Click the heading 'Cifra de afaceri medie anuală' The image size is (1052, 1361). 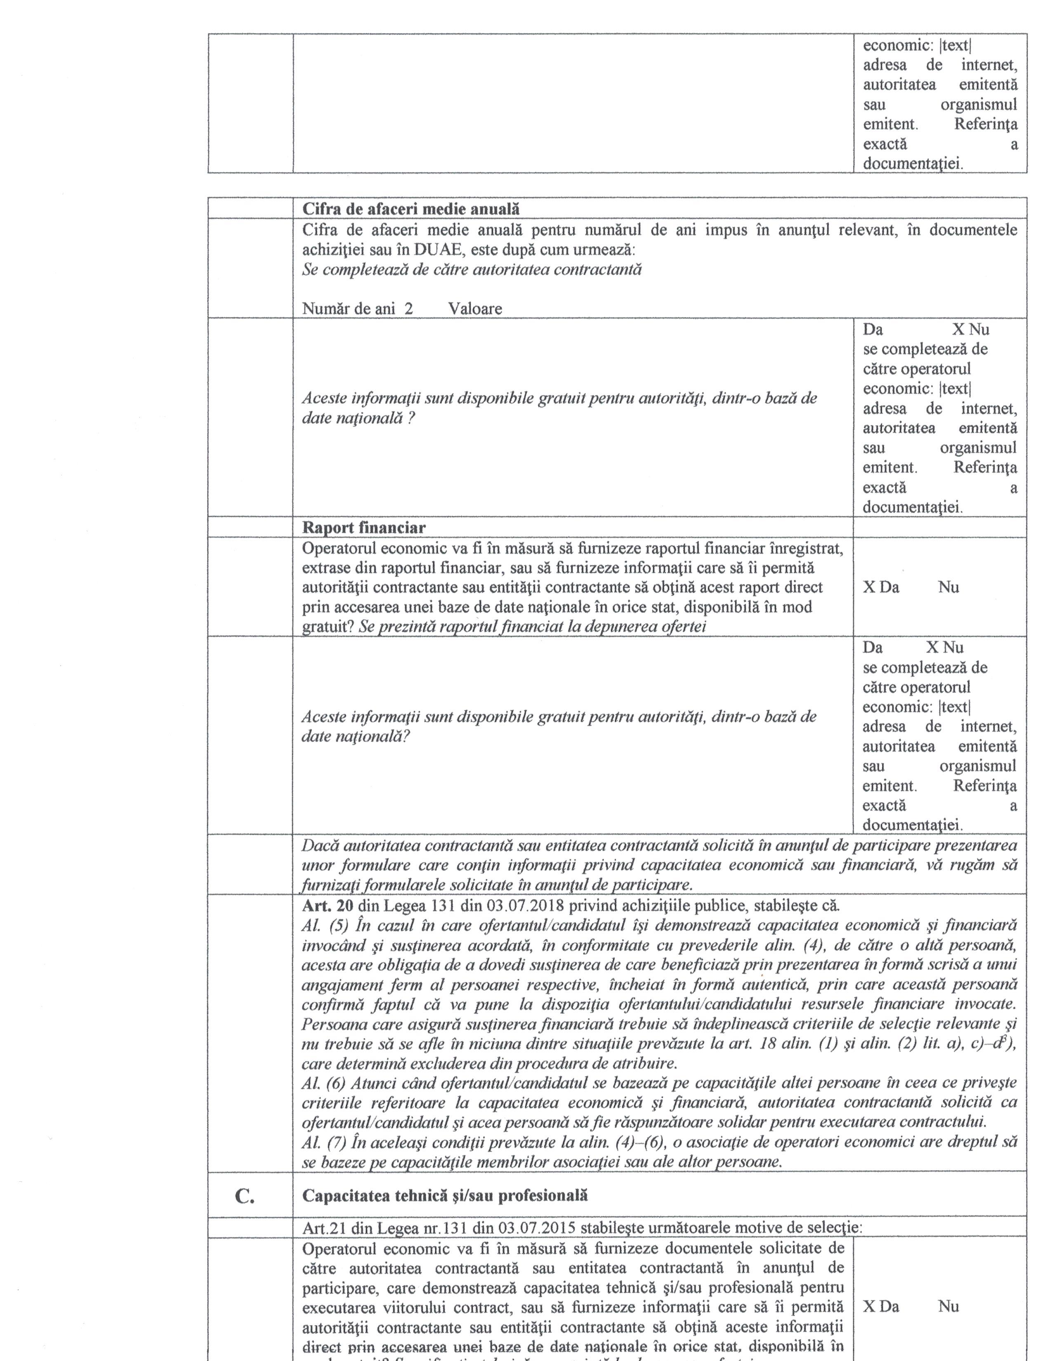[411, 209]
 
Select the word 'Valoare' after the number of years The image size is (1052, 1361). [475, 308]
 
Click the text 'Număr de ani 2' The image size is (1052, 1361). [357, 308]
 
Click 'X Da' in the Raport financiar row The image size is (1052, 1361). [881, 587]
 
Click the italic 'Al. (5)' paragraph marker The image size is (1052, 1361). [324, 925]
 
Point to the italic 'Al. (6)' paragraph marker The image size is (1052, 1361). [324, 1083]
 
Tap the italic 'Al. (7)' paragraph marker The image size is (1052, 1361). [324, 1142]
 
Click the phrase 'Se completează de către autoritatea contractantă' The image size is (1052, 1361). [472, 270]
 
